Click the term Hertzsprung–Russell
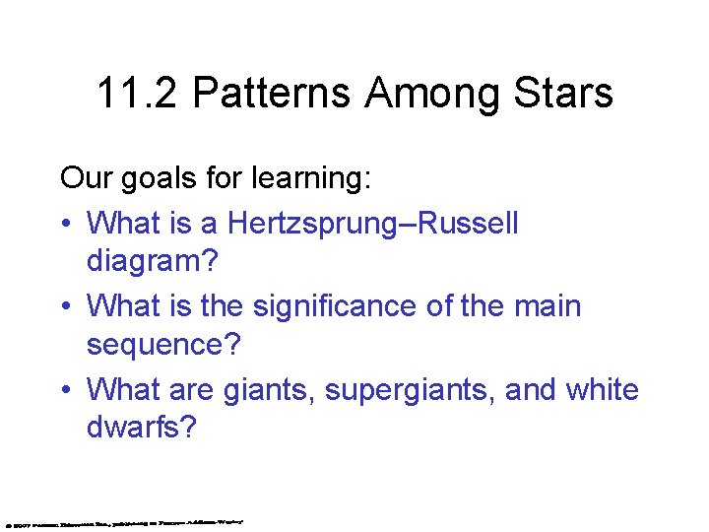[373, 223]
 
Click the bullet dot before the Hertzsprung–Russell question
[65, 225]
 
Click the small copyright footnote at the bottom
[125, 521]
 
